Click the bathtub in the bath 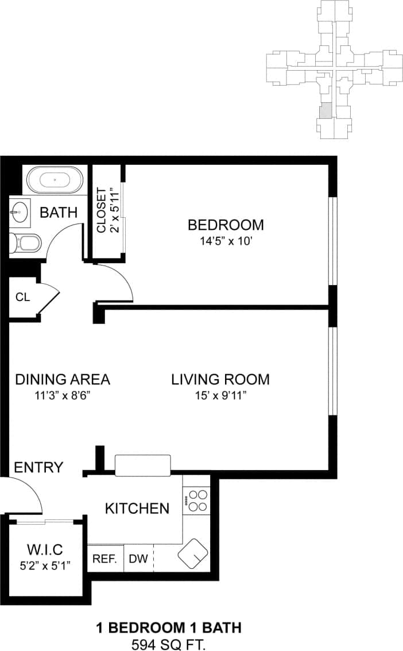tap(55, 180)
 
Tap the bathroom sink tap(18, 212)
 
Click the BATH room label tap(58, 212)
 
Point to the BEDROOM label tap(226, 224)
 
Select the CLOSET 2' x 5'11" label tap(107, 210)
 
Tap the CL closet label tap(22, 297)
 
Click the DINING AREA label tap(62, 379)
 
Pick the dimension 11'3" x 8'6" tap(62, 396)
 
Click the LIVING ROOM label tap(220, 379)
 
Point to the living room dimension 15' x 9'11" tap(220, 396)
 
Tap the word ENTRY tap(38, 467)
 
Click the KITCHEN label tap(137, 508)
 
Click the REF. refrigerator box tap(105, 558)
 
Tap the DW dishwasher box tap(138, 558)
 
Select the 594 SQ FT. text tap(168, 643)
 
